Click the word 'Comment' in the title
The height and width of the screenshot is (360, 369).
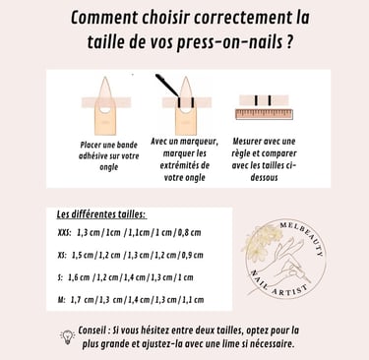click(104, 18)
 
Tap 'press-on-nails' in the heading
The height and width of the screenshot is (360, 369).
click(228, 42)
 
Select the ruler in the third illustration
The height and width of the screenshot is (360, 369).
click(264, 114)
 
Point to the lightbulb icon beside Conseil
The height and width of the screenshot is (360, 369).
click(67, 337)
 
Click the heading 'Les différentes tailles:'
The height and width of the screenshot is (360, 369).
click(101, 214)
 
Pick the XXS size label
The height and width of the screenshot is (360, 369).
click(64, 233)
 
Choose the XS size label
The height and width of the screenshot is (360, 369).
click(62, 255)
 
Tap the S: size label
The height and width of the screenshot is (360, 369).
click(60, 277)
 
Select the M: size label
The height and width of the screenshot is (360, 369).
click(61, 300)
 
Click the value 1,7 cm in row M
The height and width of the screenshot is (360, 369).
click(82, 300)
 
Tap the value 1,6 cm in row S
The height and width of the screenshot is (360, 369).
click(79, 277)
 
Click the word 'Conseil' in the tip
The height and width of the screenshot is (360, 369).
click(92, 330)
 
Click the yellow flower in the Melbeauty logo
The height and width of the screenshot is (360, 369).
click(263, 242)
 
